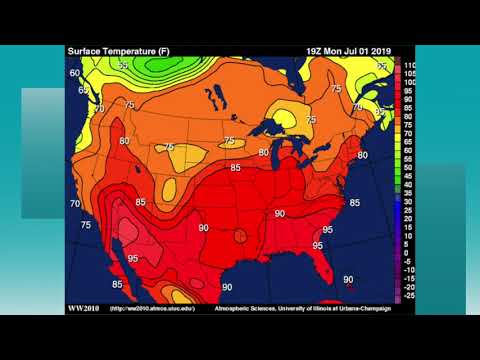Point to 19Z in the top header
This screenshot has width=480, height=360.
tap(316, 49)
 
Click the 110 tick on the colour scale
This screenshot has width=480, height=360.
tap(408, 65)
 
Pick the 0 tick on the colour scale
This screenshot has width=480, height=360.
tap(408, 251)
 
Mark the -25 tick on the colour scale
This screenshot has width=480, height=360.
tap(408, 296)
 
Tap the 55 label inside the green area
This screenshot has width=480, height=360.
tap(123, 65)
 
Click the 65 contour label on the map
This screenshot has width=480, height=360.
tap(83, 90)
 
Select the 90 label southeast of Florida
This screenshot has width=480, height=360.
tap(348, 280)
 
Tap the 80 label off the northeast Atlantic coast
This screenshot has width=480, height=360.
tap(362, 155)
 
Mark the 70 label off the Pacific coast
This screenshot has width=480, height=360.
tap(75, 204)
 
